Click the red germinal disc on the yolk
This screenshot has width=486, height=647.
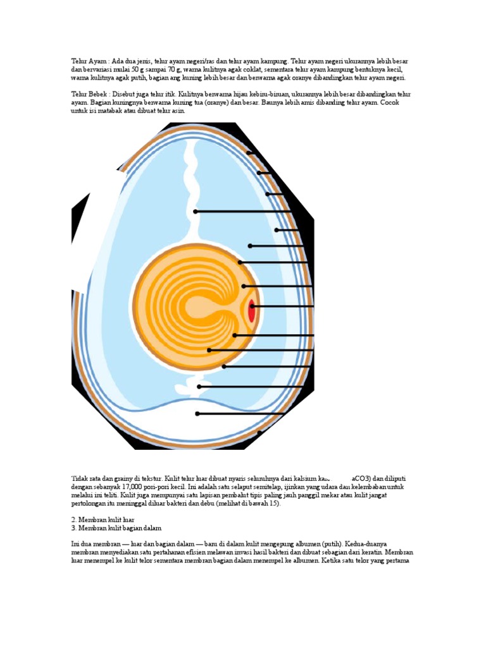click(252, 310)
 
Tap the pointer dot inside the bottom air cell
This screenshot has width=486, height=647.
click(197, 414)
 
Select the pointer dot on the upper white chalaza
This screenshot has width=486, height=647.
click(196, 211)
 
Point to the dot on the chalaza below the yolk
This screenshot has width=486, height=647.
click(199, 386)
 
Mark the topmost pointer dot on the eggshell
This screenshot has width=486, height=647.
click(249, 153)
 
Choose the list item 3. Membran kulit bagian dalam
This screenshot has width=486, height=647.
click(117, 528)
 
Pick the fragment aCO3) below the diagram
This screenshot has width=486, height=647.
click(363, 478)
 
